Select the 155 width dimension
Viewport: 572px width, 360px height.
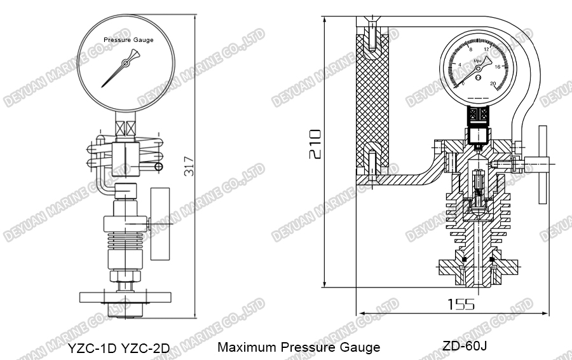pyautogui.click(x=460, y=304)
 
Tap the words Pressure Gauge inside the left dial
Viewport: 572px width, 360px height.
pyautogui.click(x=129, y=39)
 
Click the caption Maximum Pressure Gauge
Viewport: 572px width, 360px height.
pyautogui.click(x=299, y=347)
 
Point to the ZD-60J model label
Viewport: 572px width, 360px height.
pyautogui.click(x=465, y=345)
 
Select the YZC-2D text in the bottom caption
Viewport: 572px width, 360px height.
pyautogui.click(x=146, y=349)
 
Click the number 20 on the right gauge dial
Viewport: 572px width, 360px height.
pyautogui.click(x=493, y=83)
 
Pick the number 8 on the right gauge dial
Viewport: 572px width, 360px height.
pyautogui.click(x=470, y=49)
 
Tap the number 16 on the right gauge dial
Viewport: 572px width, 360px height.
pyautogui.click(x=498, y=66)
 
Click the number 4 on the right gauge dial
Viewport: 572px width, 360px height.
pyautogui.click(x=460, y=65)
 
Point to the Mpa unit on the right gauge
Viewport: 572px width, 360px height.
pyautogui.click(x=479, y=61)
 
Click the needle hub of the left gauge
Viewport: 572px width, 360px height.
pyautogui.click(x=126, y=62)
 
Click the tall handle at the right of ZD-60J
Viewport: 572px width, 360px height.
pyautogui.click(x=542, y=165)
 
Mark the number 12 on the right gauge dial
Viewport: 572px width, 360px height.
pyautogui.click(x=487, y=50)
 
